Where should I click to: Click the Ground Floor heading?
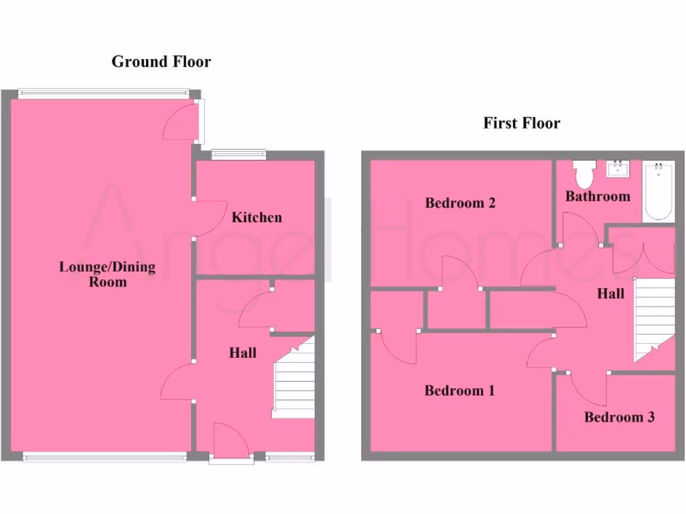coord(161,62)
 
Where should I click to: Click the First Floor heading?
coord(521,123)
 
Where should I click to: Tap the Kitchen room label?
coord(257,218)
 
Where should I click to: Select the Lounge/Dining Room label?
coord(107,274)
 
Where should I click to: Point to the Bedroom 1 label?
coord(460,390)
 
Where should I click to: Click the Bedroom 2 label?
coord(460,203)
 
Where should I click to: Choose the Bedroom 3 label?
coord(619,418)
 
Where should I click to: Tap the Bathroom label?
coord(598,196)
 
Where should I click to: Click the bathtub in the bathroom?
coord(658,191)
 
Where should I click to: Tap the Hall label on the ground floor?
coord(243,353)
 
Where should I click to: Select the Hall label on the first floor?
coord(610,294)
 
